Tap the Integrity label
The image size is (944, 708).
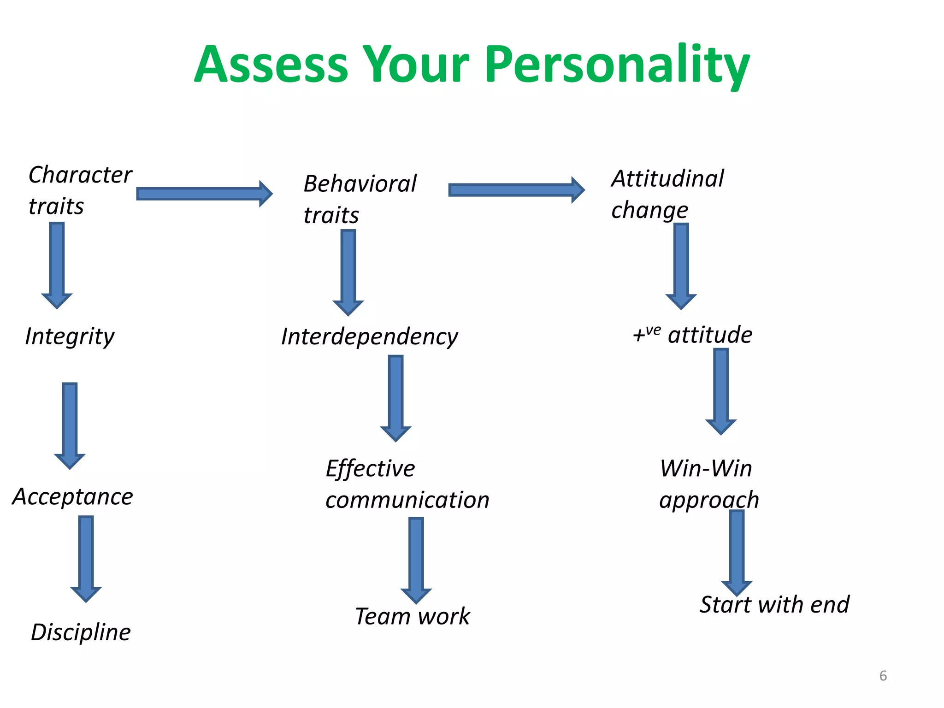click(70, 336)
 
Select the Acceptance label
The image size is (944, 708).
click(73, 497)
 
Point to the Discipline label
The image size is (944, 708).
click(81, 632)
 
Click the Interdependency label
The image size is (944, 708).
click(369, 336)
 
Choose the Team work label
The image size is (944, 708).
click(412, 616)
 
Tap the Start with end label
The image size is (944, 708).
click(774, 604)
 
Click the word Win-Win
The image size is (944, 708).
click(706, 469)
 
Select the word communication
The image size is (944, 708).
click(407, 500)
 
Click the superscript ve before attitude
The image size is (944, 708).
click(653, 330)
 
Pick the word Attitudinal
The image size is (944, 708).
click(667, 179)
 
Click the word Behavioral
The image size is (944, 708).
click(360, 184)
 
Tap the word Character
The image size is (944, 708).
click(80, 175)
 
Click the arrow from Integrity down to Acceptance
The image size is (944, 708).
click(70, 424)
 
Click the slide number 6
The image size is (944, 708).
click(883, 676)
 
